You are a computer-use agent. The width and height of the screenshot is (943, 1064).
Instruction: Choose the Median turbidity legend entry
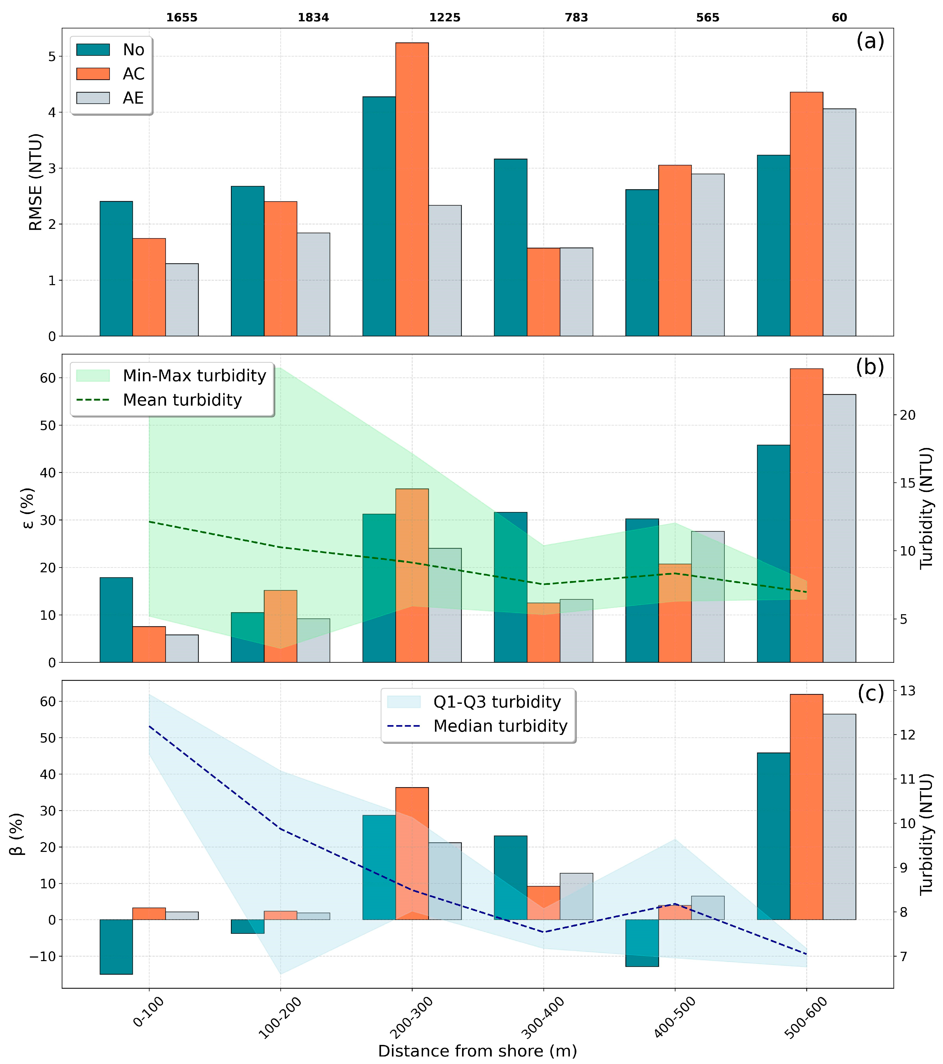pyautogui.click(x=500, y=726)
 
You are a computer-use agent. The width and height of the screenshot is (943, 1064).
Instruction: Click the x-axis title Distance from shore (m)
pyautogui.click(x=477, y=1051)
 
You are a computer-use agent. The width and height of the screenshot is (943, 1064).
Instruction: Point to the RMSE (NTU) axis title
pyautogui.click(x=35, y=182)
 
